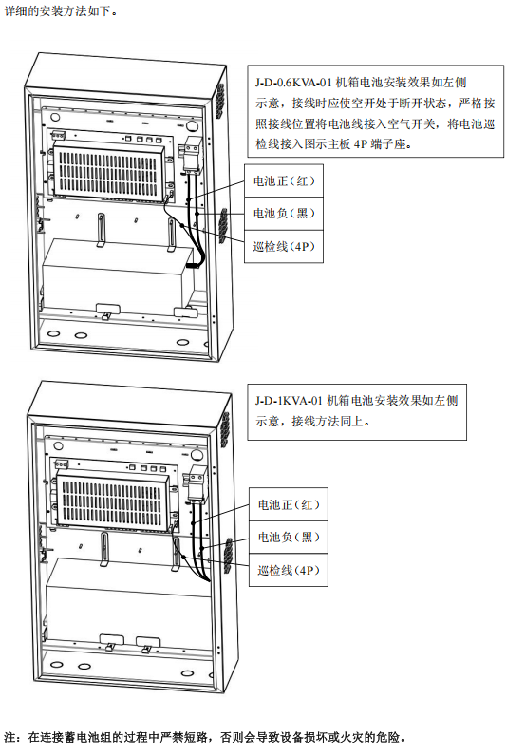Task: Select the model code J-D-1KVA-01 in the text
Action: pyautogui.click(x=289, y=401)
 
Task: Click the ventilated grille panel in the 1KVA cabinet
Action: pyautogui.click(x=115, y=492)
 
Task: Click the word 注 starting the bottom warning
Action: pyautogui.click(x=10, y=736)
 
